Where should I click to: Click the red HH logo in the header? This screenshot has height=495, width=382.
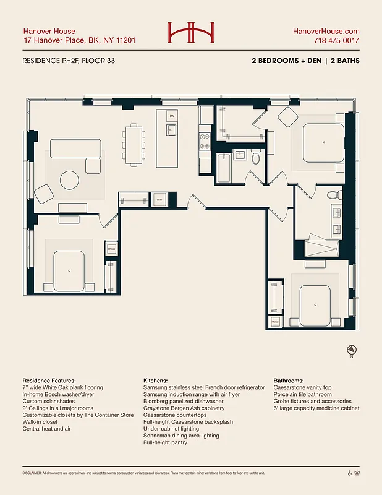pyautogui.click(x=191, y=33)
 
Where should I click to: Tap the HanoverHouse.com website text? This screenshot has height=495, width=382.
pyautogui.click(x=326, y=31)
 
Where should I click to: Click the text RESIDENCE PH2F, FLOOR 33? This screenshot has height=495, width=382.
pyautogui.click(x=69, y=61)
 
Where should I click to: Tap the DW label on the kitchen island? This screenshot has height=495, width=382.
pyautogui.click(x=172, y=116)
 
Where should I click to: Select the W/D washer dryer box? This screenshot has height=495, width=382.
pyautogui.click(x=159, y=200)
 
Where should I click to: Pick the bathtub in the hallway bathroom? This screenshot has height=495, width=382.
pyautogui.click(x=224, y=166)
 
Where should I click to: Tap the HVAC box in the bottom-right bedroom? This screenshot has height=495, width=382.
pyautogui.click(x=275, y=322)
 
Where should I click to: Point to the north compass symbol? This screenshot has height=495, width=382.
pyautogui.click(x=351, y=350)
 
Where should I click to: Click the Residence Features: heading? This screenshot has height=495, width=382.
pyautogui.click(x=49, y=380)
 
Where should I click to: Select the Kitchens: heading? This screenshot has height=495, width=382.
pyautogui.click(x=157, y=380)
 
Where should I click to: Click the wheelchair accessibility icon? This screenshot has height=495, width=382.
pyautogui.click(x=350, y=473)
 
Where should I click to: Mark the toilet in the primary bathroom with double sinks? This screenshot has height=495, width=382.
pyautogui.click(x=333, y=195)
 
